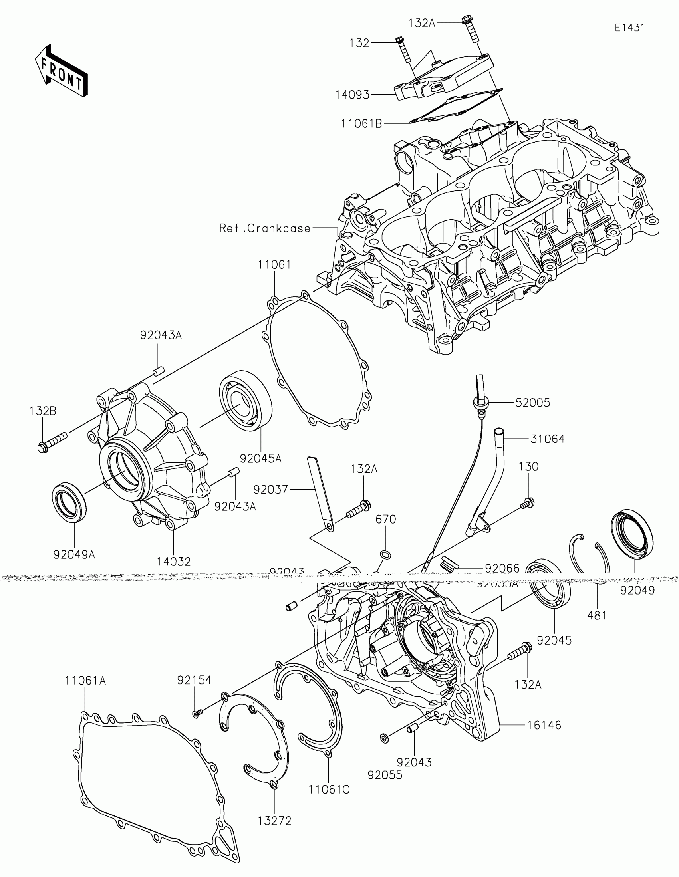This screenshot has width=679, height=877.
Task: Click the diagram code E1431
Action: point(629,28)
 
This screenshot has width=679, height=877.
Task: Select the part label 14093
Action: point(352,95)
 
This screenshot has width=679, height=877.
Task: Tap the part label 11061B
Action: point(361,124)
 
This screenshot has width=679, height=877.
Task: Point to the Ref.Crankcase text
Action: point(265,228)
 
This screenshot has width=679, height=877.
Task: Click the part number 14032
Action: point(173,562)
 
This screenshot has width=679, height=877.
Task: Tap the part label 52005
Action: point(532,403)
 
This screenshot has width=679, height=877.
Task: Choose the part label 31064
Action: point(547,439)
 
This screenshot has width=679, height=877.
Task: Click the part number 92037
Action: point(271,489)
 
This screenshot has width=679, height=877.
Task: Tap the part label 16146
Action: point(544,725)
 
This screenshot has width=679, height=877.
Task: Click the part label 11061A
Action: point(85,681)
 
